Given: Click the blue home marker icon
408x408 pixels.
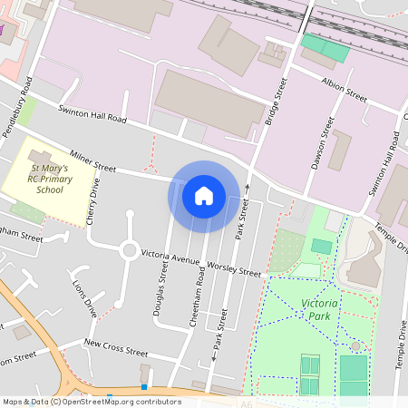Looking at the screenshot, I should pos(204,195).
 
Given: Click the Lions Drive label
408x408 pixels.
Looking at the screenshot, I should pos(84,297).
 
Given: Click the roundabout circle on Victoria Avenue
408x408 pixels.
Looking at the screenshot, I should pos(129,251).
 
